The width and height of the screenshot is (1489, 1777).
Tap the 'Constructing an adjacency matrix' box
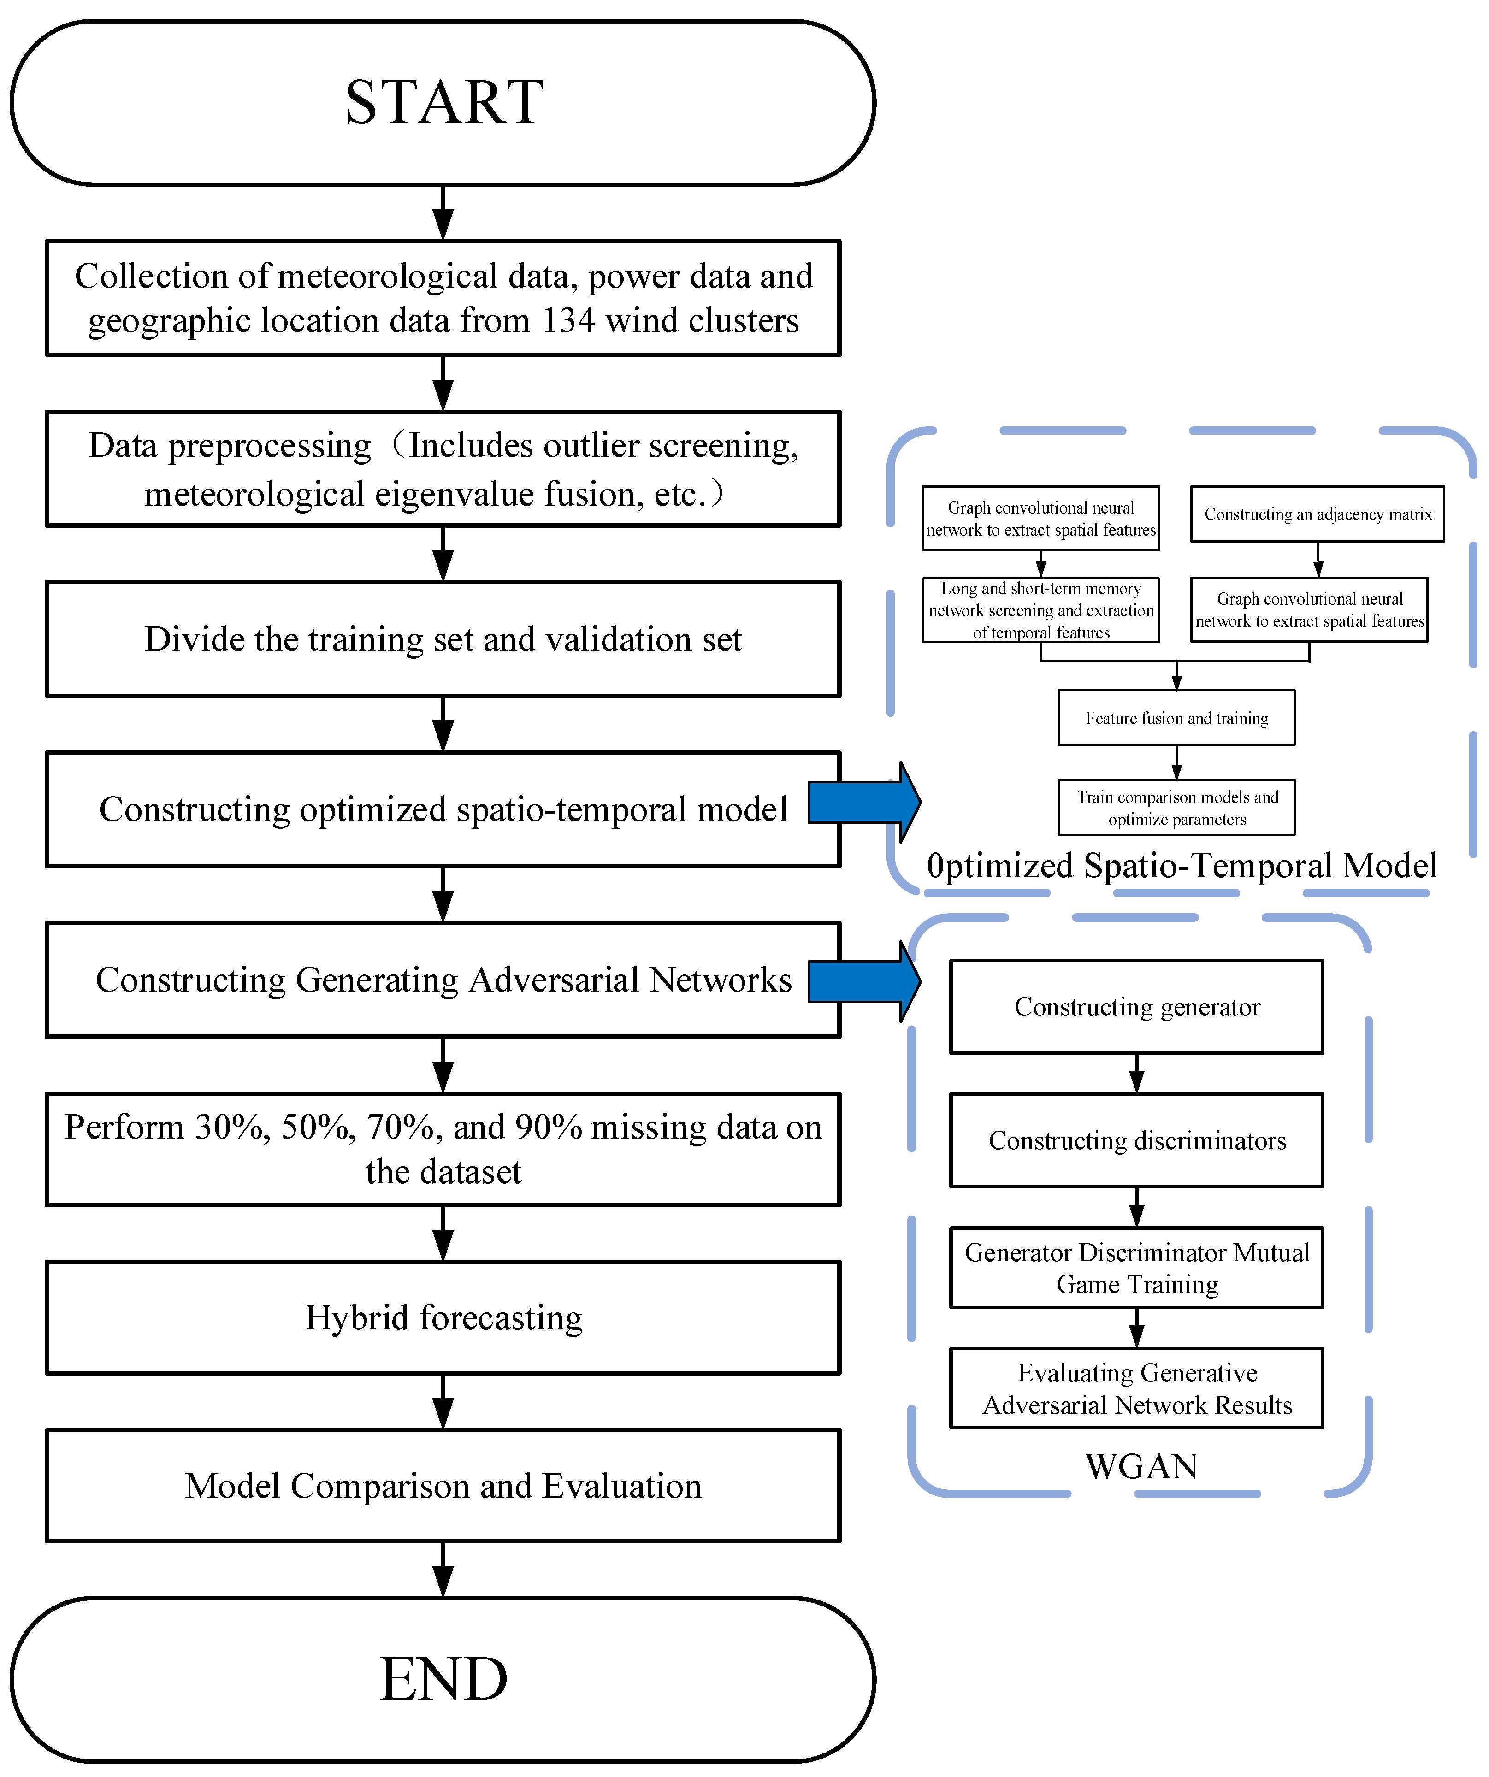tap(1317, 514)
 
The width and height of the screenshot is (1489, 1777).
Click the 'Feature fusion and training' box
tap(1176, 718)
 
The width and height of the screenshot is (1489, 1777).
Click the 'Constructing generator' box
tap(1136, 1007)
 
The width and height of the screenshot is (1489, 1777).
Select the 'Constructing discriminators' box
tap(1136, 1141)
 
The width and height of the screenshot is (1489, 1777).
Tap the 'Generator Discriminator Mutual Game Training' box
tap(1136, 1268)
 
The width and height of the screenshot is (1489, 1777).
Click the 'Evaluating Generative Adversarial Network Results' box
tap(1136, 1388)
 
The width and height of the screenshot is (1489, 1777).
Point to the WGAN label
tap(1141, 1466)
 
